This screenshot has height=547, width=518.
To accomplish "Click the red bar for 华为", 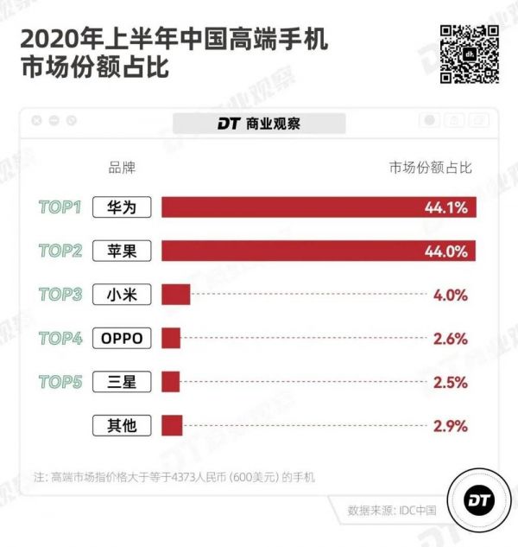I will click(x=318, y=207).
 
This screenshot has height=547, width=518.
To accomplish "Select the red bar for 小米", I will click(x=175, y=295).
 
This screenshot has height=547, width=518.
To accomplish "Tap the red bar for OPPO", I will click(x=170, y=338).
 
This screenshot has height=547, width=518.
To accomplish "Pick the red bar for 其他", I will click(x=172, y=425).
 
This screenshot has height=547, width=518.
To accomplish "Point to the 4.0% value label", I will click(x=450, y=295).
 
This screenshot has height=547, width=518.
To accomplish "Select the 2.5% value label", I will click(x=450, y=382).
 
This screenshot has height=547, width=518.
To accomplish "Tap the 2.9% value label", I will click(x=450, y=425).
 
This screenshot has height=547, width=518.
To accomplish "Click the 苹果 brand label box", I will click(x=122, y=251).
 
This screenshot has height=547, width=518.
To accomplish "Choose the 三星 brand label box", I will click(x=122, y=382).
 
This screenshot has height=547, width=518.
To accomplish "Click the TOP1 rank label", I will click(x=60, y=207).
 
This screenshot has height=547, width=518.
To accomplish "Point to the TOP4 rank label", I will click(x=60, y=338).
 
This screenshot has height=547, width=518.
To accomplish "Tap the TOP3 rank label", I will click(x=60, y=295).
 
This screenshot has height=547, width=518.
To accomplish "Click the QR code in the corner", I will click(x=470, y=54).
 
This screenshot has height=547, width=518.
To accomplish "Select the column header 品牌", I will click(x=122, y=167).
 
